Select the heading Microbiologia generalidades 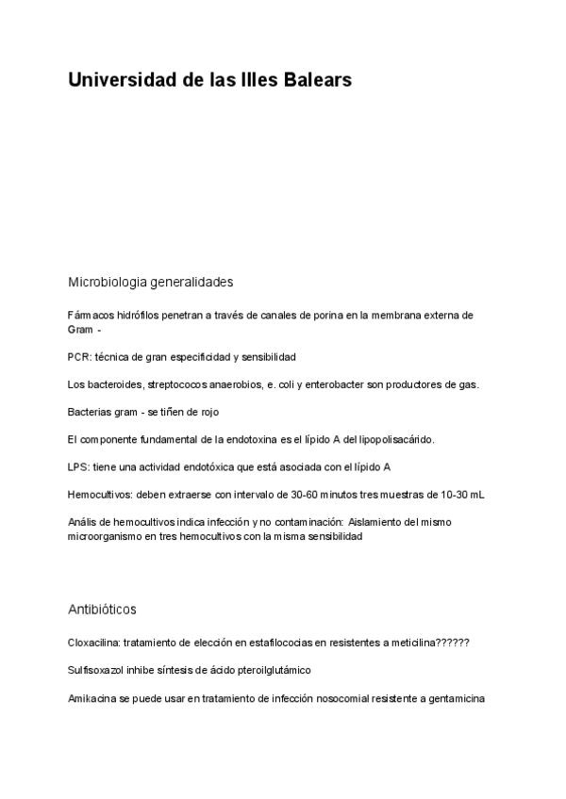pos(151,282)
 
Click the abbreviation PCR pos(78,357)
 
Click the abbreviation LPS pos(78,466)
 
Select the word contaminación pos(302,521)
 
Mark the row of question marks pos(453,643)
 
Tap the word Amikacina pos(92,698)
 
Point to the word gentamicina pos(455,698)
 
